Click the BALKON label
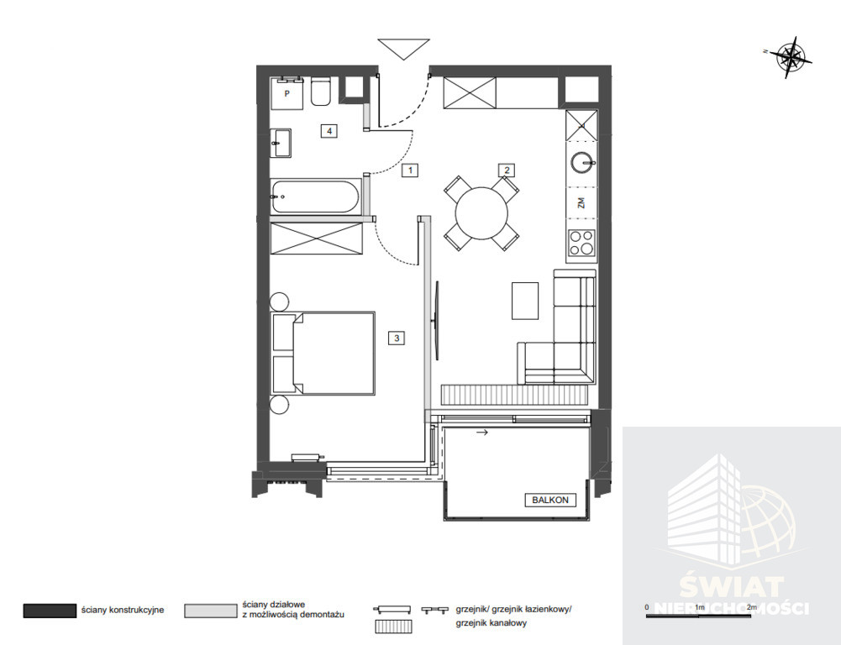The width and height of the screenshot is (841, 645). tap(550, 500)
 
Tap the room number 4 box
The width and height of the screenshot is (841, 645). tap(329, 131)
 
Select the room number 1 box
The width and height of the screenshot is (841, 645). tap(410, 170)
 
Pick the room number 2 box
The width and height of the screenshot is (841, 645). tap(507, 170)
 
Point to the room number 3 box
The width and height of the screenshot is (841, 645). tap(397, 338)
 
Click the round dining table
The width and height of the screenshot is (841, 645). tap(481, 213)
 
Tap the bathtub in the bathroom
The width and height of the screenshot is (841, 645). tap(315, 197)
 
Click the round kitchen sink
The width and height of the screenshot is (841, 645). tap(582, 161)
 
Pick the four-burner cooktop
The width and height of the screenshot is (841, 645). tap(582, 243)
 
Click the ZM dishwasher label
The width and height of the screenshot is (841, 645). tap(581, 202)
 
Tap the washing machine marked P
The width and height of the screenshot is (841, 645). tap(287, 93)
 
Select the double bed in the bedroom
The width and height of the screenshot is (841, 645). tap(323, 353)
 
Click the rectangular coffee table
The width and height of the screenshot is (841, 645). tap(525, 301)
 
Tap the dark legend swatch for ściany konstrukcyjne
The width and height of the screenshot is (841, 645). tap(50, 611)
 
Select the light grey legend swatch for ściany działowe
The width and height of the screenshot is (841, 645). tap(210, 611)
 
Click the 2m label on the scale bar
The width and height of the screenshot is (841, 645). tap(751, 607)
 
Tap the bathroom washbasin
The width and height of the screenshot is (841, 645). tap(281, 143)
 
